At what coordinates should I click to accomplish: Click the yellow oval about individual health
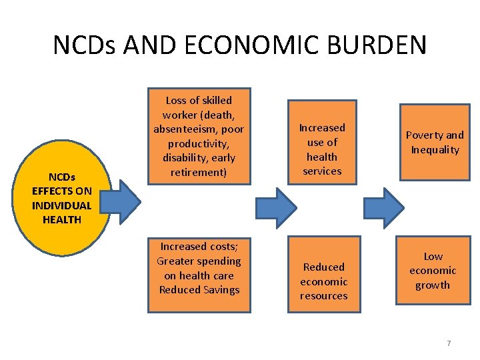tap(62, 198)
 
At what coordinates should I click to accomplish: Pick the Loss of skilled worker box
tap(199, 136)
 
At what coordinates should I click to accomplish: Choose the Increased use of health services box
tap(322, 149)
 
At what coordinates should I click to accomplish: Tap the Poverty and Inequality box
tap(435, 142)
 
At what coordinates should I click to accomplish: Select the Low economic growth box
tap(433, 271)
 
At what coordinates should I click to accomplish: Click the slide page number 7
tap(449, 343)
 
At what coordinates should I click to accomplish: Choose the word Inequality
tap(435, 149)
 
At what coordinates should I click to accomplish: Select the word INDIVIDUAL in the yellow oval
tap(61, 205)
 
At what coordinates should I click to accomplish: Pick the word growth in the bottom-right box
tap(433, 285)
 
